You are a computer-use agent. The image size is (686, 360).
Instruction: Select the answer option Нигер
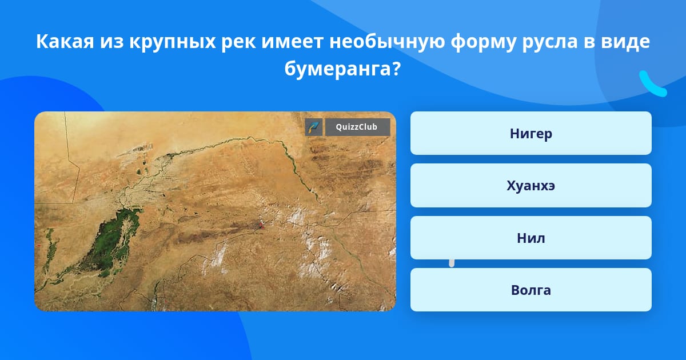pyautogui.click(x=531, y=133)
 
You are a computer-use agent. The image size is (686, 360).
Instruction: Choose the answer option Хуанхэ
pyautogui.click(x=531, y=186)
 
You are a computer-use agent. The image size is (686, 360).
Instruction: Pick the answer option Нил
pyautogui.click(x=531, y=238)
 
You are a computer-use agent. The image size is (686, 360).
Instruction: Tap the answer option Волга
pyautogui.click(x=531, y=290)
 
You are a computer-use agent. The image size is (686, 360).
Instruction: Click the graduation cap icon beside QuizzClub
pyautogui.click(x=314, y=127)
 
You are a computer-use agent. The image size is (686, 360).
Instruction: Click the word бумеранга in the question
pyautogui.click(x=337, y=69)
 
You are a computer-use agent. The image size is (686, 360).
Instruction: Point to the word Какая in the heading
pyautogui.click(x=65, y=42)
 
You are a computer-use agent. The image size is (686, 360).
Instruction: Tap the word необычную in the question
pyautogui.click(x=387, y=42)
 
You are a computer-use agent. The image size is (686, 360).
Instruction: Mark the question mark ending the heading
pyautogui.click(x=396, y=69)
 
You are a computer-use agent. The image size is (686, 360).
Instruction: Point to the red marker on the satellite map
pyautogui.click(x=261, y=225)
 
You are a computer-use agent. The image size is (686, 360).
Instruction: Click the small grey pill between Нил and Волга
pyautogui.click(x=452, y=263)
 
